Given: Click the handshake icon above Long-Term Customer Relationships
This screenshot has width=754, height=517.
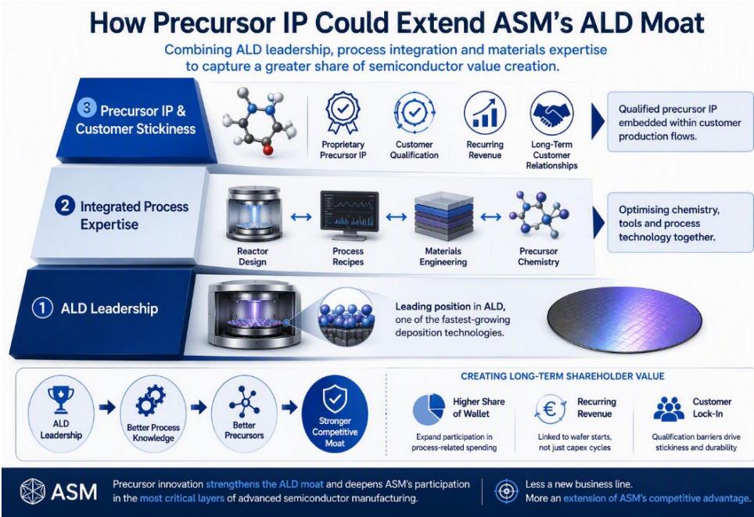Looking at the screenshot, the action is [551, 113].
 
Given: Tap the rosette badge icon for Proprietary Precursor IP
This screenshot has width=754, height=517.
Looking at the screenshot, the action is [343, 113].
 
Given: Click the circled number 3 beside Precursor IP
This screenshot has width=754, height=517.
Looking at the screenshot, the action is [87, 108].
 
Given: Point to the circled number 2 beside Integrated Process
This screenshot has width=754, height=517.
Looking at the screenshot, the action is [64, 206].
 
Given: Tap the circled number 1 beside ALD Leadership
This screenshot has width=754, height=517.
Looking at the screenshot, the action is [42, 308].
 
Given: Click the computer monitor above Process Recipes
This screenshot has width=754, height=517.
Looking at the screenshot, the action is [350, 215].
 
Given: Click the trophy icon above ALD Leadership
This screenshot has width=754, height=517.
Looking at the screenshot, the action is [61, 399].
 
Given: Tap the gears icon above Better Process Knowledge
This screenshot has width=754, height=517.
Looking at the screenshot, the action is [150, 401].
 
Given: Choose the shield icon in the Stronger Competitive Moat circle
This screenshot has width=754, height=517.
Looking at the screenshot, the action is [335, 399].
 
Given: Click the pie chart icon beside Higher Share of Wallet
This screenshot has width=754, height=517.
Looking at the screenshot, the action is [429, 409].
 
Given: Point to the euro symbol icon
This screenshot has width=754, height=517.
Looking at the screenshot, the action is [550, 409].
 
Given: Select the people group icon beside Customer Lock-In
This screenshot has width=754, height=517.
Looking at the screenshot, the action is [669, 409].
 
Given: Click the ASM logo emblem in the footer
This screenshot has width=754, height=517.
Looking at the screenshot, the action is [33, 491].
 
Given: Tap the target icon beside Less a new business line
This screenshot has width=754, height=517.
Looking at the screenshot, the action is [506, 491].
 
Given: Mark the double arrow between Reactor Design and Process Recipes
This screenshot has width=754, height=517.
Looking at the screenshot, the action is [301, 217].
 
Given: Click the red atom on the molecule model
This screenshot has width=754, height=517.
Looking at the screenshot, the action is [268, 150].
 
